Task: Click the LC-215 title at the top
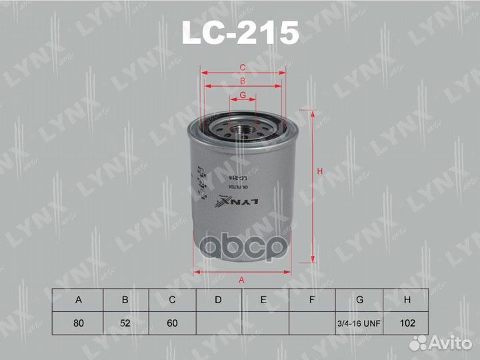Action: [x=241, y=33]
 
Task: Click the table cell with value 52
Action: [x=125, y=323]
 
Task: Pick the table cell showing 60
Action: [x=171, y=323]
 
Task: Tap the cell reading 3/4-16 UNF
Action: [x=359, y=323]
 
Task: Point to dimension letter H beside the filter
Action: [x=320, y=173]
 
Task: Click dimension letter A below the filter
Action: [x=242, y=280]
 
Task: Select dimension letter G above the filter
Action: [x=243, y=95]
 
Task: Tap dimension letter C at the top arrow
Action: [x=243, y=67]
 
